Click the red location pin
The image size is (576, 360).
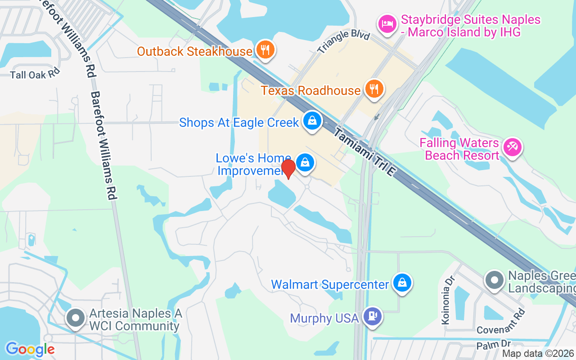click(x=288, y=168)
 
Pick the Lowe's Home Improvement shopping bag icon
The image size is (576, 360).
click(x=305, y=162)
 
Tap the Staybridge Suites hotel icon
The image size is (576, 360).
click(x=387, y=24)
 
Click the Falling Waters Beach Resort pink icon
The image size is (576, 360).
click(x=512, y=147)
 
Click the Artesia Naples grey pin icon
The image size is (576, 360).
click(x=76, y=318)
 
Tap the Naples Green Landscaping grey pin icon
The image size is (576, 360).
click(x=495, y=280)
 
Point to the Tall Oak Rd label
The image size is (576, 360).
click(x=35, y=74)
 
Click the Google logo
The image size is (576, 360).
click(x=30, y=349)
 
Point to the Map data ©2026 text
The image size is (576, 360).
click(x=538, y=354)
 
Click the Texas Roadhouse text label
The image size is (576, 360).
click(x=310, y=90)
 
